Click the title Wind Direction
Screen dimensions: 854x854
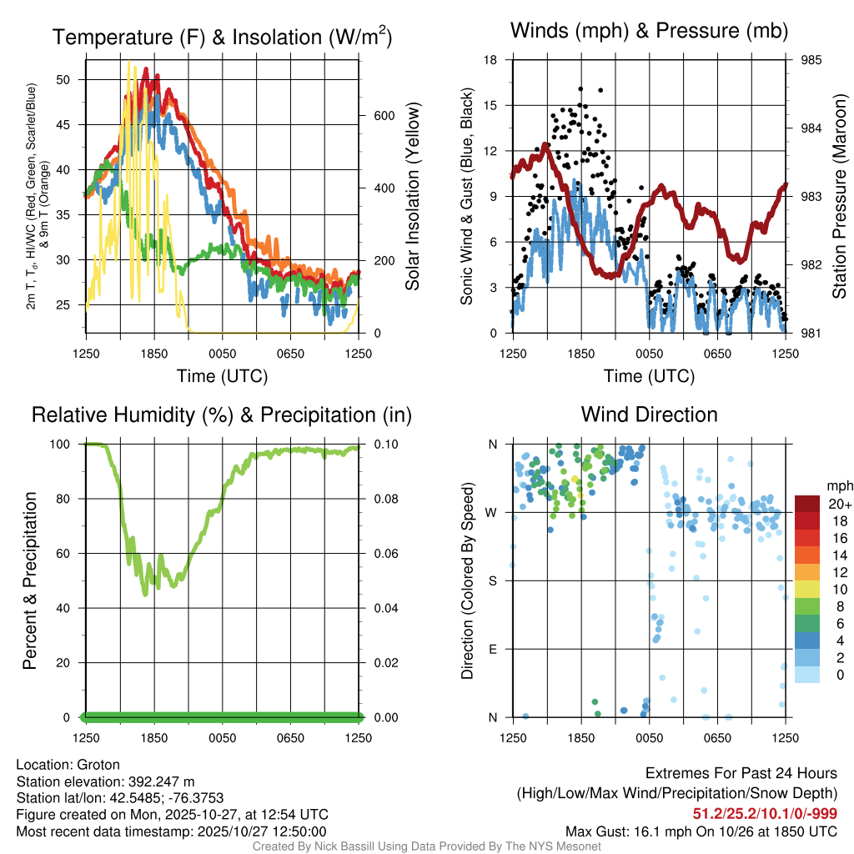pyautogui.click(x=649, y=414)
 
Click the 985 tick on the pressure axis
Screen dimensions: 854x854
pyautogui.click(x=811, y=60)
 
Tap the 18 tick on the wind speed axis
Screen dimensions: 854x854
pyautogui.click(x=490, y=60)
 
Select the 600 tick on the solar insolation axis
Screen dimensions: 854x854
pyautogui.click(x=382, y=116)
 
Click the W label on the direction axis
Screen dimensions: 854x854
pyautogui.click(x=492, y=512)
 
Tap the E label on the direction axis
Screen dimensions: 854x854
pyautogui.click(x=492, y=649)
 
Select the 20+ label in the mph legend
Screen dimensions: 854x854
pyautogui.click(x=837, y=505)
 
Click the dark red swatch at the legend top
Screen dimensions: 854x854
pyautogui.click(x=806, y=504)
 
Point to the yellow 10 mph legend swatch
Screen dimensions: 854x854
pyautogui.click(x=806, y=589)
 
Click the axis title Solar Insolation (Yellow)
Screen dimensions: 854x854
pyautogui.click(x=413, y=197)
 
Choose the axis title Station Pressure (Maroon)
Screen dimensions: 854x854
pyautogui.click(x=840, y=197)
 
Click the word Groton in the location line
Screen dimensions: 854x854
pyautogui.click(x=98, y=765)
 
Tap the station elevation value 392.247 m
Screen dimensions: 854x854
pyautogui.click(x=161, y=781)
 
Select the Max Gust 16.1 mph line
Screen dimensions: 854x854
pyautogui.click(x=701, y=831)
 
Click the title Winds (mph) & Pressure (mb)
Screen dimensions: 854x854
pyautogui.click(x=649, y=32)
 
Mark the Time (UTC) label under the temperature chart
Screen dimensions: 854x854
pyautogui.click(x=222, y=376)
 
